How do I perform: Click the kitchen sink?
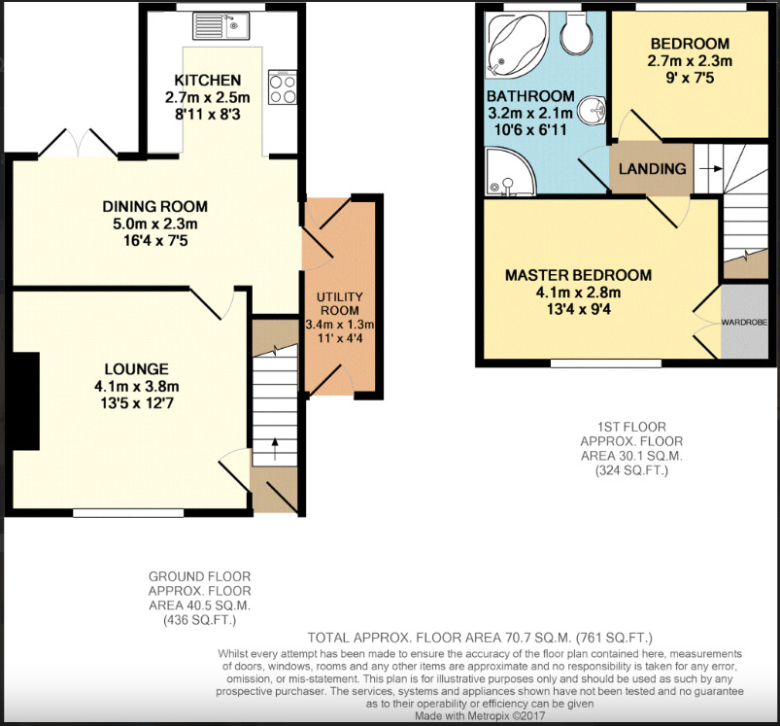point(220,24)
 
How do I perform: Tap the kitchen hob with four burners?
point(282,89)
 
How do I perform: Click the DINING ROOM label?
point(154,206)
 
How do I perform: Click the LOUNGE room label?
point(137,368)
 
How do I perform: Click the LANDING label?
point(652,168)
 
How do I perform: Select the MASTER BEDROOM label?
point(578,275)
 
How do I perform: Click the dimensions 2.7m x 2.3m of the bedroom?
point(690,60)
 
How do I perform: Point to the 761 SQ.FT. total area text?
point(613,638)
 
